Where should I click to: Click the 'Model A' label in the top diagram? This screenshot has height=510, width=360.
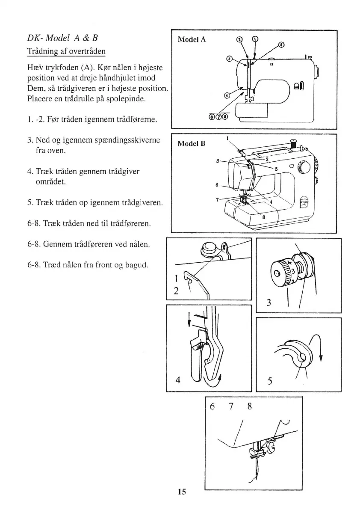192,40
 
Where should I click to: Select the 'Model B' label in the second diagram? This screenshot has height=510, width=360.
192,143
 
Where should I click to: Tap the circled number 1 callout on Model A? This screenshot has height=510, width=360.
255,39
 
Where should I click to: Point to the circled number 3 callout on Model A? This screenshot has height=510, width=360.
230,59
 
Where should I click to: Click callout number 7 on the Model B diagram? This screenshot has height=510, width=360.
218,199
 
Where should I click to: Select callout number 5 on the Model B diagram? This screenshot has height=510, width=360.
276,168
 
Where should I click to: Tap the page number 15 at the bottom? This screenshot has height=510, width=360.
181,492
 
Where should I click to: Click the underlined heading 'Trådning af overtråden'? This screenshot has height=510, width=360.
66,51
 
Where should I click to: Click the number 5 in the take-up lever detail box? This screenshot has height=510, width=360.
269,380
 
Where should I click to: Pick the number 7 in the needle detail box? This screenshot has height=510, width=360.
230,407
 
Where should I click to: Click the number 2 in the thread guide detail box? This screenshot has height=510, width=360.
176,292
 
